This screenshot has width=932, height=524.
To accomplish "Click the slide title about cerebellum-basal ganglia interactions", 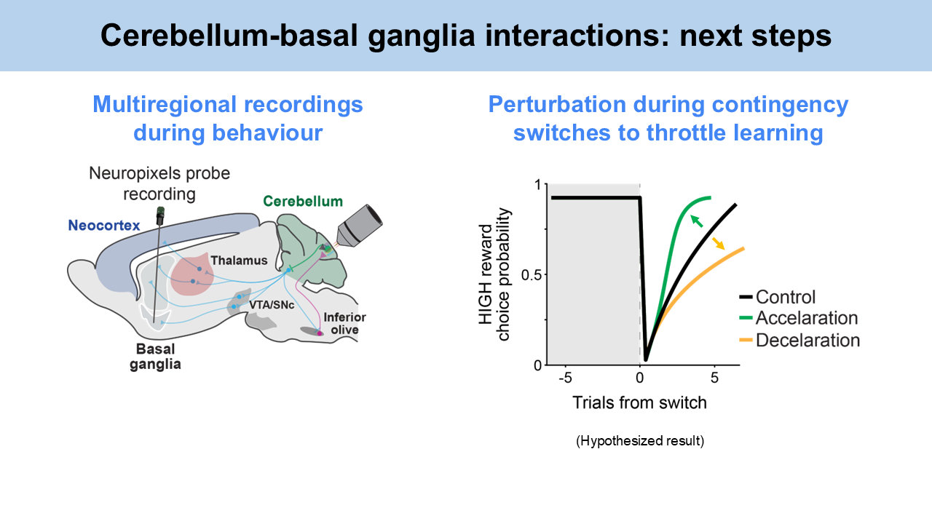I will [x=466, y=36].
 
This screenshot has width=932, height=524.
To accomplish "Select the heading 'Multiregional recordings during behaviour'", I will [x=227, y=119].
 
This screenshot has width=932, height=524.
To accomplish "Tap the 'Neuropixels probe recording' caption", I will [x=159, y=184].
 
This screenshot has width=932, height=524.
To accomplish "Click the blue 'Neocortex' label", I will [x=103, y=226].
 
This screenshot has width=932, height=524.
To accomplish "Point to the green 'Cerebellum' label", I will [x=303, y=201].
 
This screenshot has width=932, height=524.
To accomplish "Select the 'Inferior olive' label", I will [x=344, y=323].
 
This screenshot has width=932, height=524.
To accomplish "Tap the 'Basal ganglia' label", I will [x=156, y=357].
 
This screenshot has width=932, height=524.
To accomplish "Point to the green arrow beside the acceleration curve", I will [x=697, y=221].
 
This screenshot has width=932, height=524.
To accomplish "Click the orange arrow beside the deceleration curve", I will [x=719, y=243].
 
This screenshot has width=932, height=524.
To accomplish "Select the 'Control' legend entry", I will [x=786, y=297].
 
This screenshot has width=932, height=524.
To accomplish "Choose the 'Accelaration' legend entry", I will [x=806, y=318].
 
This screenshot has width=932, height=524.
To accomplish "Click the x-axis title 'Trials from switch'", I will [x=639, y=402].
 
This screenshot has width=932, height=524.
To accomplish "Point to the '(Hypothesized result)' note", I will [x=640, y=441].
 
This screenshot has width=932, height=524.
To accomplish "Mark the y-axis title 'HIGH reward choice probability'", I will [x=493, y=274].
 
